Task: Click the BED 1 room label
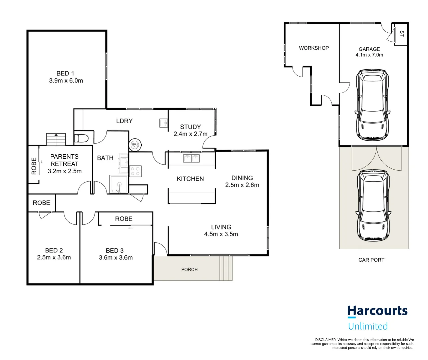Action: pyautogui.click(x=65, y=73)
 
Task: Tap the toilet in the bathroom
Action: pyautogui.click(x=81, y=138)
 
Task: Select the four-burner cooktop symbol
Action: pyautogui.click(x=135, y=171)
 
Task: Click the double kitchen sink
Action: pyautogui.click(x=191, y=158)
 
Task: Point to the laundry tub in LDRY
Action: pyautogui.click(x=164, y=123)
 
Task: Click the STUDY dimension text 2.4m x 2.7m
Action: pyautogui.click(x=190, y=134)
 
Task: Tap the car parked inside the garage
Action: pyautogui.click(x=372, y=105)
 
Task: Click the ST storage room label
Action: pyautogui.click(x=402, y=33)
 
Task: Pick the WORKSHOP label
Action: pyautogui.click(x=314, y=48)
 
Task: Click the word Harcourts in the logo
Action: pyautogui.click(x=377, y=311)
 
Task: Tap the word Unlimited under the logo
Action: pyautogui.click(x=368, y=326)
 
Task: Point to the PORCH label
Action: pyautogui.click(x=189, y=269)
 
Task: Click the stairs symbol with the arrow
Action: pyautogui.click(x=56, y=139)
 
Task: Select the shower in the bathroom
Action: pyautogui.click(x=118, y=184)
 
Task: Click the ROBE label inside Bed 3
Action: pyautogui.click(x=123, y=219)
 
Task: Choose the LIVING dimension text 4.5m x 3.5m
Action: pyautogui.click(x=221, y=234)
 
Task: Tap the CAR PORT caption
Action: pyautogui.click(x=371, y=260)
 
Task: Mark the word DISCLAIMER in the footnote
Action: pyautogui.click(x=325, y=340)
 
